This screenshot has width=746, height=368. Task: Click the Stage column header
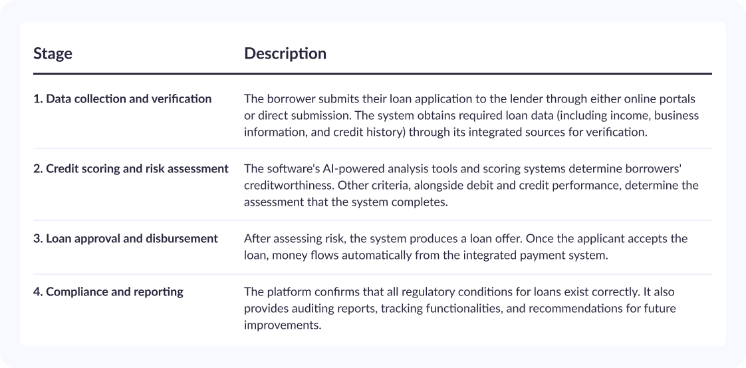pyautogui.click(x=53, y=53)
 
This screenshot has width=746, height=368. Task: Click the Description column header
pyautogui.click(x=285, y=53)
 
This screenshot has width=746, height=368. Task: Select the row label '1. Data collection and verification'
pyautogui.click(x=122, y=99)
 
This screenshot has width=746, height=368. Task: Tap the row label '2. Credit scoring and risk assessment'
pyautogui.click(x=131, y=169)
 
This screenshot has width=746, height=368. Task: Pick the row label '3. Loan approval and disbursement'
pyautogui.click(x=126, y=238)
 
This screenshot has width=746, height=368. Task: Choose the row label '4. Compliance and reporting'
pyautogui.click(x=108, y=292)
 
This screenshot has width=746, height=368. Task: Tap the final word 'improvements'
pyautogui.click(x=283, y=325)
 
